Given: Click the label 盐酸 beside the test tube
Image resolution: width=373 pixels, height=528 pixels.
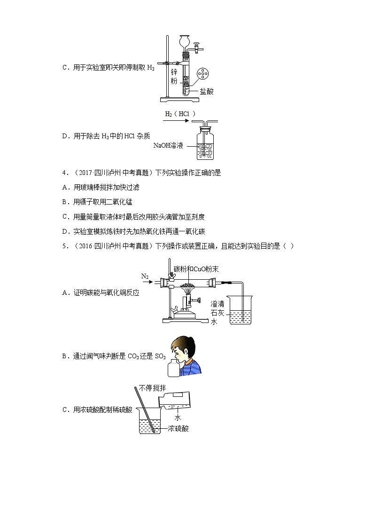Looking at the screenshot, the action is [206, 92].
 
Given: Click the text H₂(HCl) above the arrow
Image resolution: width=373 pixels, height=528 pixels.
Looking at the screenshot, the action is [179, 114].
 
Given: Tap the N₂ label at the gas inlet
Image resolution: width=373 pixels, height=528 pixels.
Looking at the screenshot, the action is [145, 276].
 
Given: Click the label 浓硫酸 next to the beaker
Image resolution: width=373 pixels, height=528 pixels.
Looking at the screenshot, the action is [178, 428].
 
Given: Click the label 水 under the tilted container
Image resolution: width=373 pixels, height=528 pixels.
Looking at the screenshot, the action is [178, 418].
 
